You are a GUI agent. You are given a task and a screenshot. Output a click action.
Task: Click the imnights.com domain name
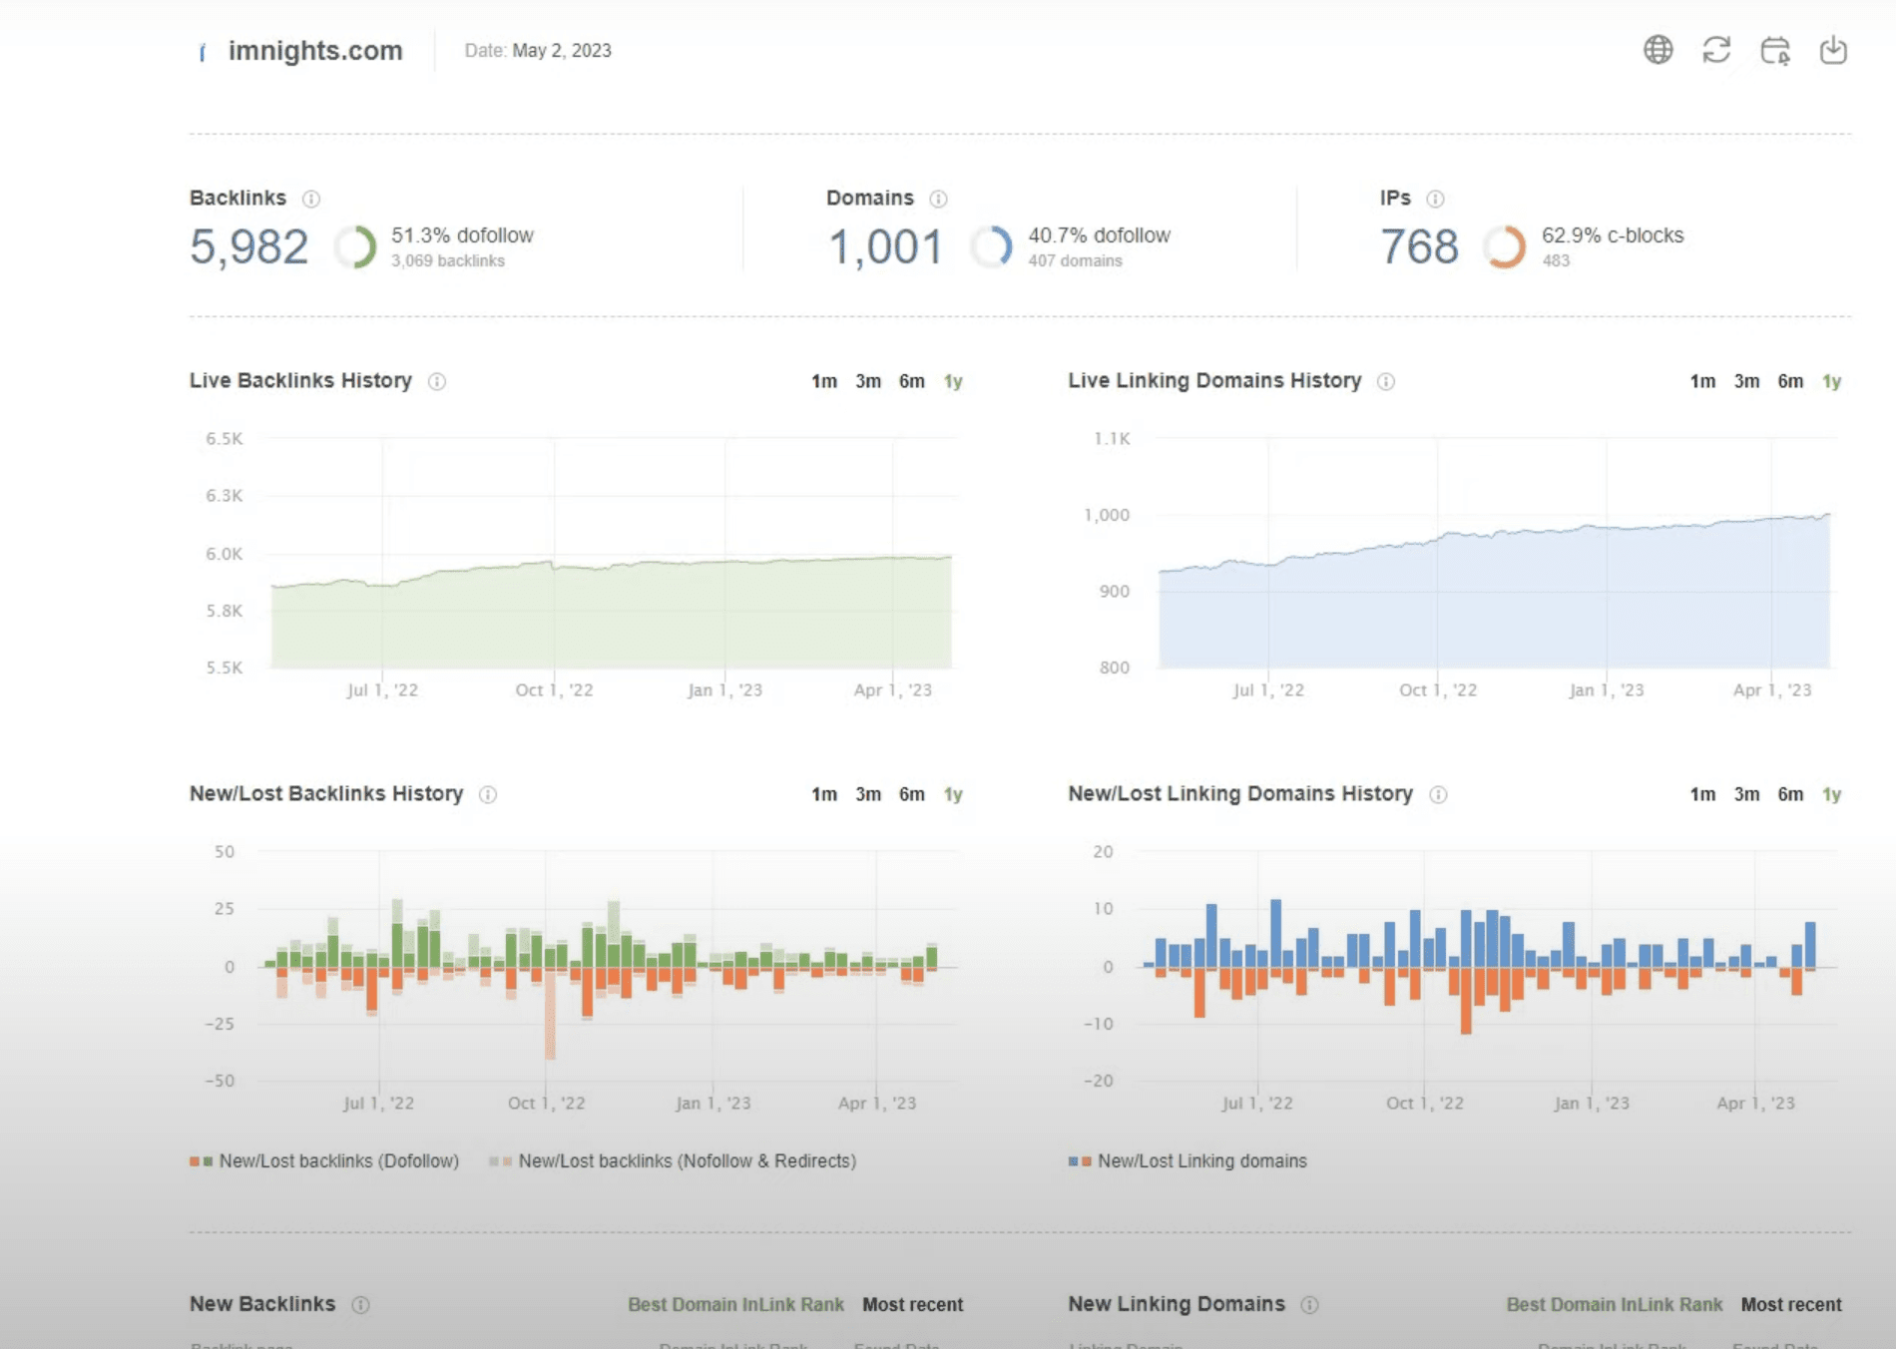coord(314,51)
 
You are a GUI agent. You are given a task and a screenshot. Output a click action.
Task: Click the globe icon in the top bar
coord(1658,50)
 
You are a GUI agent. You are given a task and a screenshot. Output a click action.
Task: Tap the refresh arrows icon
coord(1716,50)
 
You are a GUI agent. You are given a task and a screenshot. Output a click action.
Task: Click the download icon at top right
coord(1833,50)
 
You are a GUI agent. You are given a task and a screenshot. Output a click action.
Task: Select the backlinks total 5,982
coord(249,247)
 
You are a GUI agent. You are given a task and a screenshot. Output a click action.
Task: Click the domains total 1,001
coord(885,247)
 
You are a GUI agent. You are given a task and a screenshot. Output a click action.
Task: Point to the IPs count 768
coord(1419,247)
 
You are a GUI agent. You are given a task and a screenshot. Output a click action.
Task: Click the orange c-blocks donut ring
coord(1504,247)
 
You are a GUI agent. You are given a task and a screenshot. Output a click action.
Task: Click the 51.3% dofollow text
coord(462,235)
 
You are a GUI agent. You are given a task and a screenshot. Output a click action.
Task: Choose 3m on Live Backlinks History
coord(867,381)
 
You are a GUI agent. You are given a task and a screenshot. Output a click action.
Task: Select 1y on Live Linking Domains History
coord(1831,381)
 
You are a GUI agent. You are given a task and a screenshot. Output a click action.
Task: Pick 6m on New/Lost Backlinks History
coord(911,794)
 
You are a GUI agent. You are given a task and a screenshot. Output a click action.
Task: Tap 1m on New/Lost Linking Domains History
coord(1702,794)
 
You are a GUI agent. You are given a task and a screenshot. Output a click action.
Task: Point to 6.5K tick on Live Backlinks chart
coord(225,439)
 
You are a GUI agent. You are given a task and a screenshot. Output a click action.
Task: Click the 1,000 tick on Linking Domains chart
coord(1107,515)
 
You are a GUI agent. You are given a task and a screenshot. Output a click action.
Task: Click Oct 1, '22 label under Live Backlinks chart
coord(554,690)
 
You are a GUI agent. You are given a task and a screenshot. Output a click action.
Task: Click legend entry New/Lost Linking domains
coord(1201,1161)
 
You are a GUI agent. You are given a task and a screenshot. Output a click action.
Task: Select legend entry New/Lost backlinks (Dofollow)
coord(338,1161)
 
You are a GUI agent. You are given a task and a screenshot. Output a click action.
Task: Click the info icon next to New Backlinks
coord(361,1305)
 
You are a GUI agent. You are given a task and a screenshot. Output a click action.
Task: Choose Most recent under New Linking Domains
coord(1791,1305)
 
